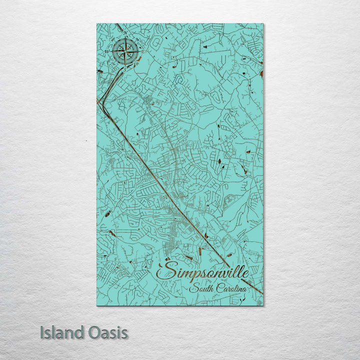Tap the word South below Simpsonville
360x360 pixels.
(201, 289)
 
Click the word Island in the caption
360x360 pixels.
(61, 332)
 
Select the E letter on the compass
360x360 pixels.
(142, 51)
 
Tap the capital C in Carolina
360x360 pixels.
(219, 289)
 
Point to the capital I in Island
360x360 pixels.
(43, 332)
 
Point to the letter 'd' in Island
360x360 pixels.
(77, 332)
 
